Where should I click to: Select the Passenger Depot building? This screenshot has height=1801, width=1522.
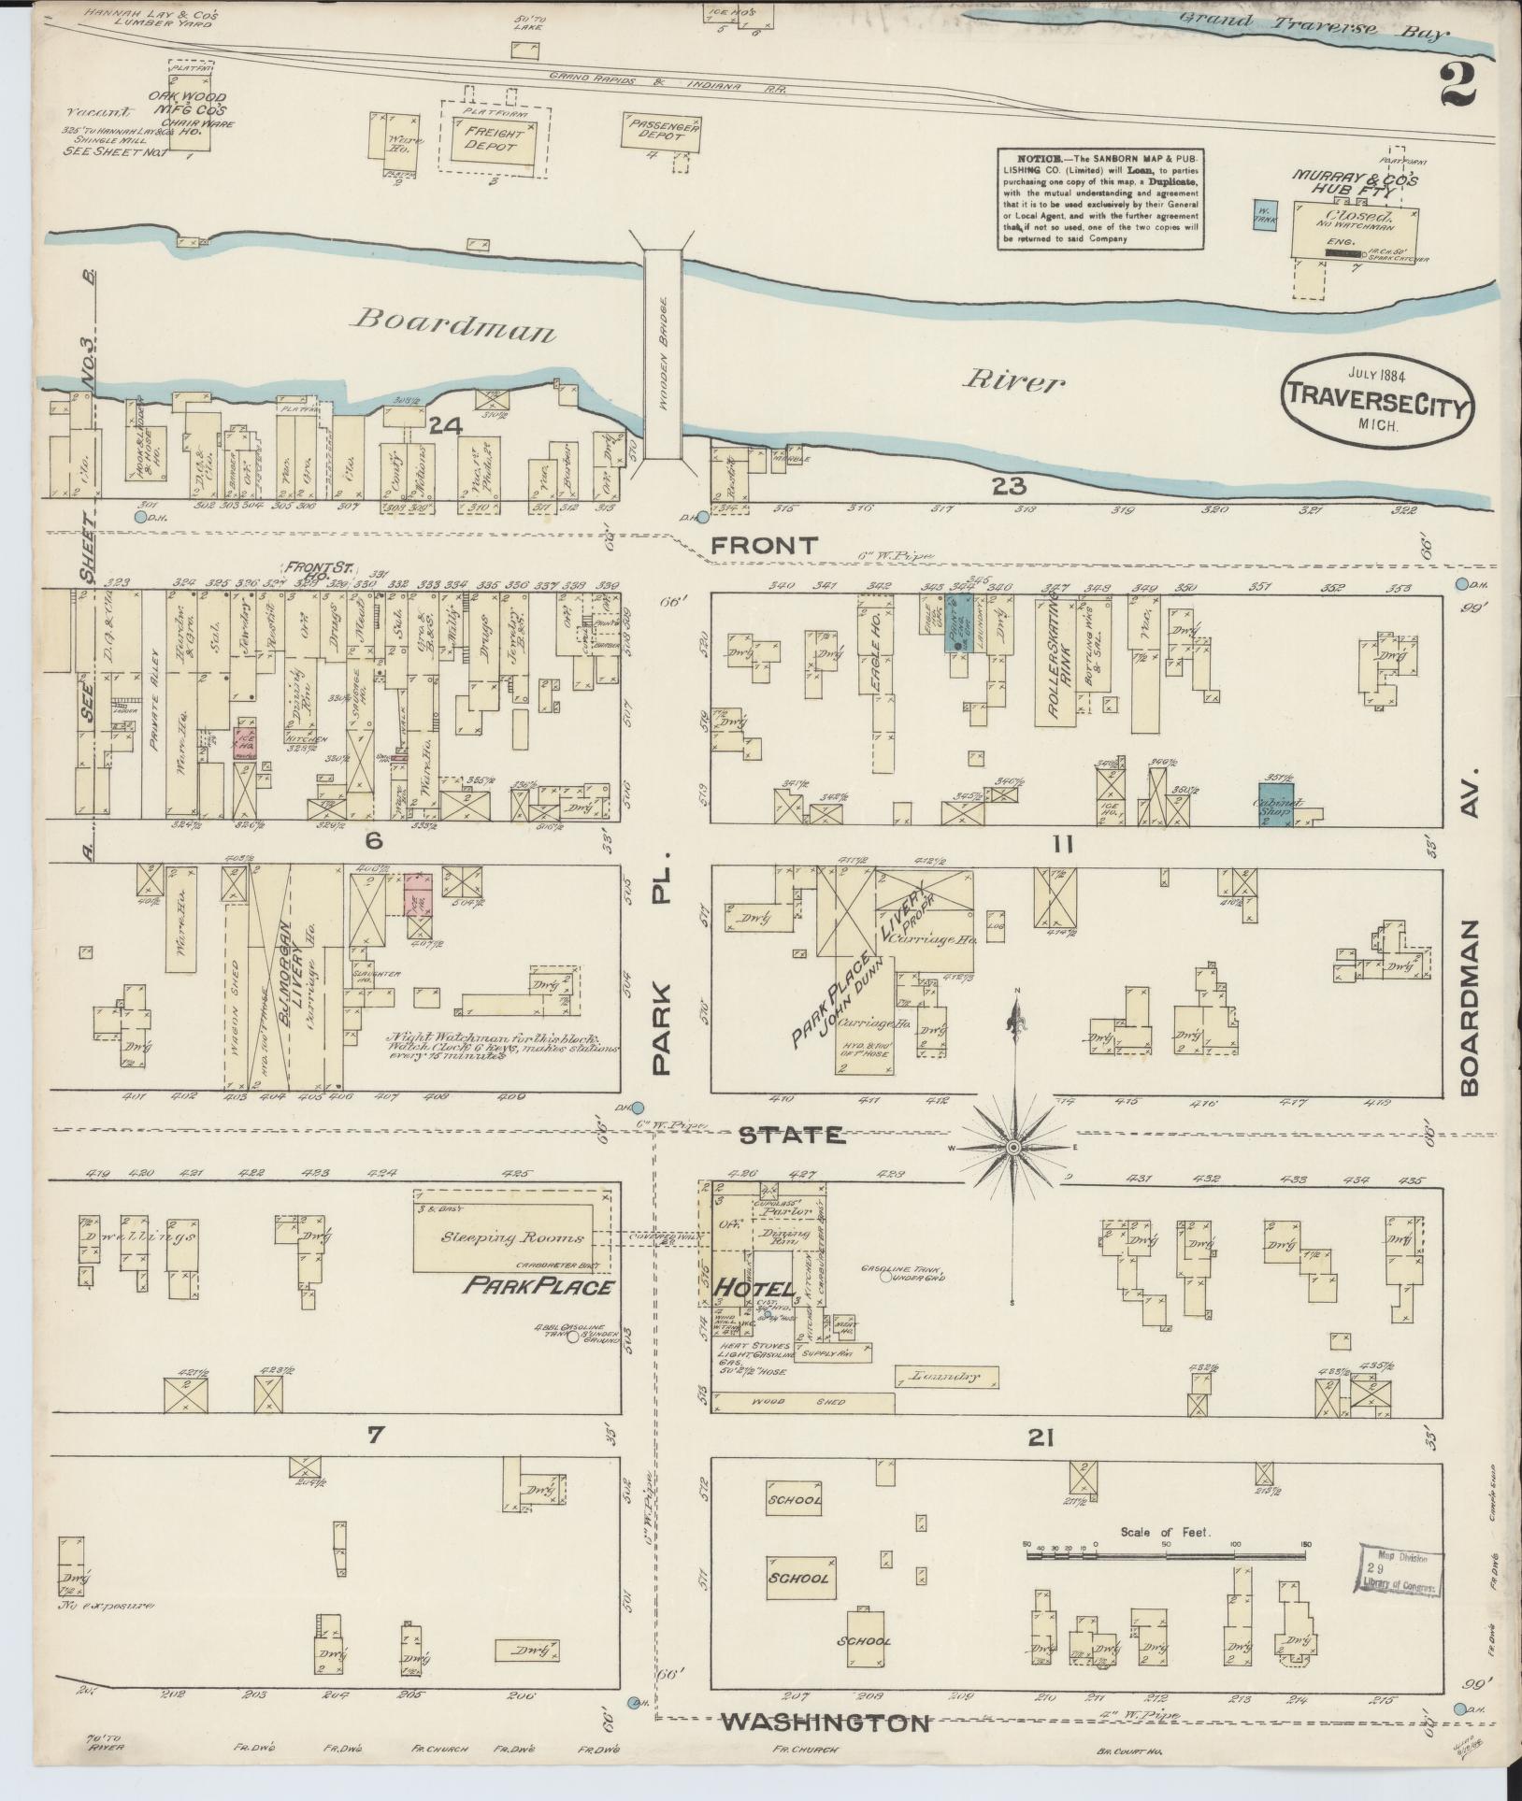(661, 132)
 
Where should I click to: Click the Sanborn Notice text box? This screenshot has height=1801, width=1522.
(1099, 198)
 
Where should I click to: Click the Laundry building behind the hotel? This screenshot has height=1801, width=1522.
(946, 1377)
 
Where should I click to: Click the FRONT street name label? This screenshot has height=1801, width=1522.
(764, 546)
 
